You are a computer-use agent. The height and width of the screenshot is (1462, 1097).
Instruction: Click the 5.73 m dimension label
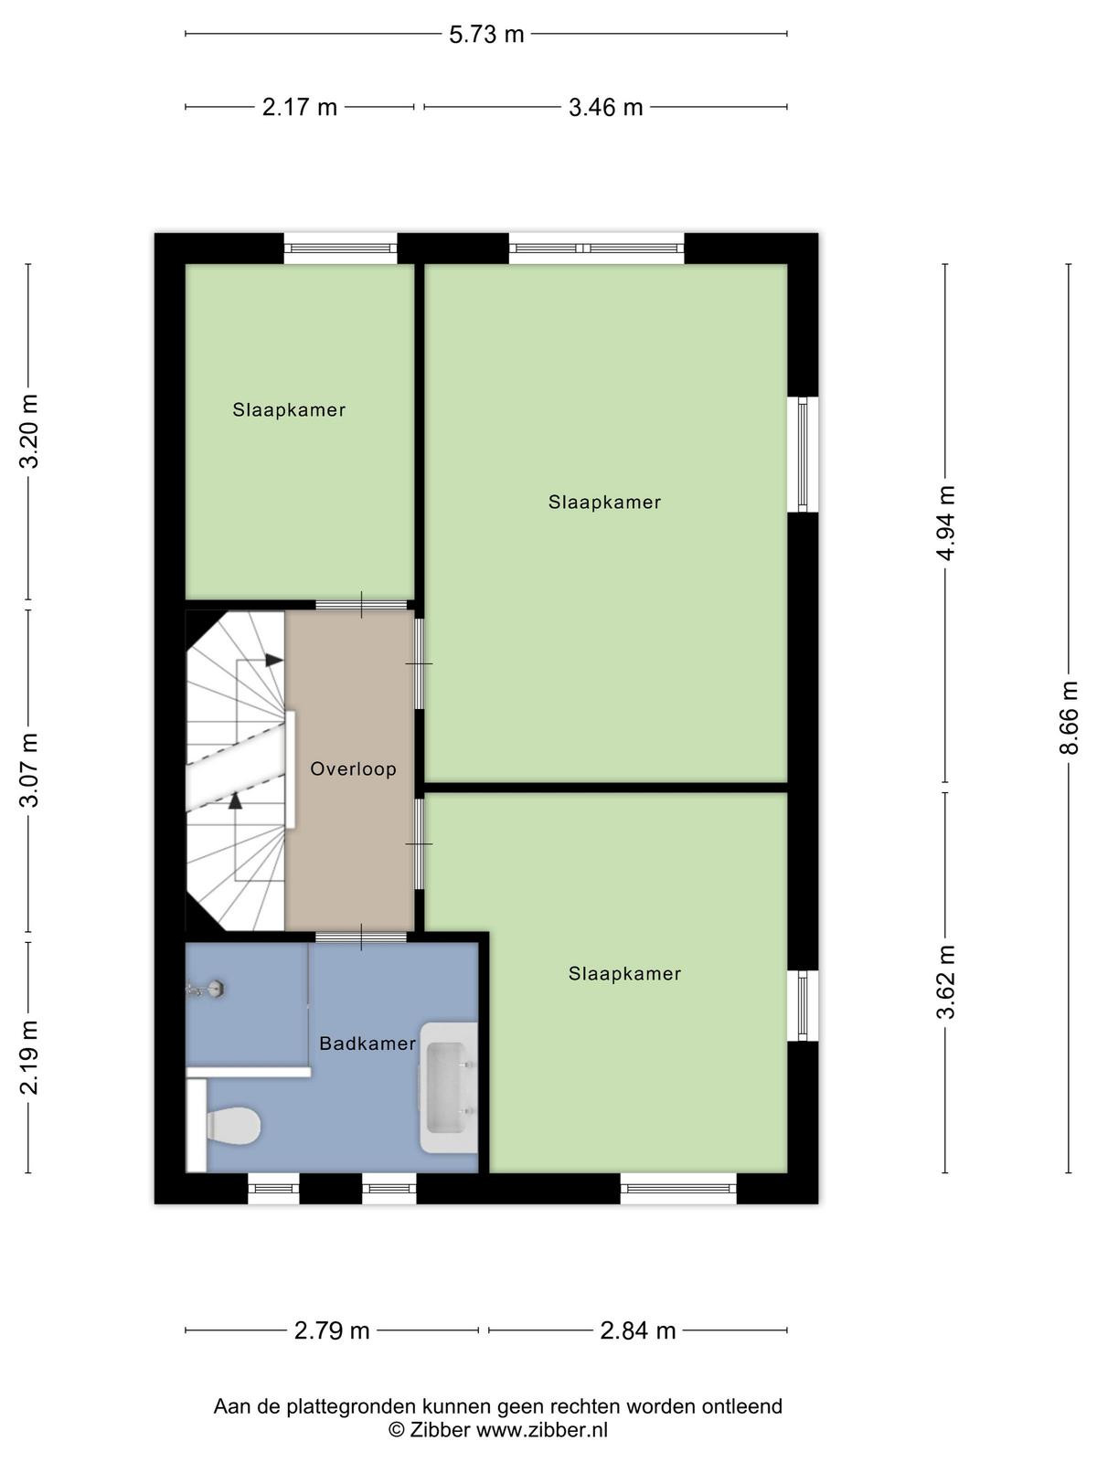coord(486,34)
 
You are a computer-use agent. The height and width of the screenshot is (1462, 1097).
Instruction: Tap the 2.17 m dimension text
coord(300,107)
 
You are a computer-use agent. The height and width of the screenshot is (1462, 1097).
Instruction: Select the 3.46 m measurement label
coord(605,107)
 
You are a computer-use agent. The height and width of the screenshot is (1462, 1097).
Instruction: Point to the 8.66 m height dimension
coord(1068,717)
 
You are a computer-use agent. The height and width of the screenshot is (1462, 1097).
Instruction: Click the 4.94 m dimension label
coord(946,523)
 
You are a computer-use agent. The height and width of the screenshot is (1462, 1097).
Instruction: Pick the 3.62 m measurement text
coord(946,982)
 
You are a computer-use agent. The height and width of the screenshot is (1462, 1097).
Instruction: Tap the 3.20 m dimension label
coord(29,431)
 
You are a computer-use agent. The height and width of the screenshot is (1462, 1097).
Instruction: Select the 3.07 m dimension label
coord(29,770)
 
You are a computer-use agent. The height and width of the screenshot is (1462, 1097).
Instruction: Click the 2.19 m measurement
coord(29,1058)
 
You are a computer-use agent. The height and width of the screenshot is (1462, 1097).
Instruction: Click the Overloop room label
coord(353,768)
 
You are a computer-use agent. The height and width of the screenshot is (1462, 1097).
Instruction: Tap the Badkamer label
coord(367,1044)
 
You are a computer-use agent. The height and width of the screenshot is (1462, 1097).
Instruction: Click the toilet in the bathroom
coord(232,1126)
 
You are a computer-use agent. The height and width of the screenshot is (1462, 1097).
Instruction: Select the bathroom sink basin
coord(449,1087)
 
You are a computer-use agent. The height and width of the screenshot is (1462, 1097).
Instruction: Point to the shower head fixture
coord(206,990)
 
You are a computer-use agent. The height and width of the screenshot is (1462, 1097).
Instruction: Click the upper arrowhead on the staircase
coord(274,660)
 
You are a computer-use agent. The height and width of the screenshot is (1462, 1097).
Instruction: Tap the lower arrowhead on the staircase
coord(234,800)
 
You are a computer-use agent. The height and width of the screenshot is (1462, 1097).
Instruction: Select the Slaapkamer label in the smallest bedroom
coord(289,409)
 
